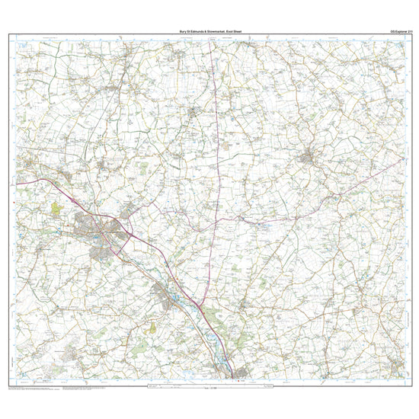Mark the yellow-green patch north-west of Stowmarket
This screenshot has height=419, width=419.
tap(57, 206)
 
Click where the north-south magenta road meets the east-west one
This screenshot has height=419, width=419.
tap(216, 221)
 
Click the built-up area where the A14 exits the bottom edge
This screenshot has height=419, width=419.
tap(236, 373)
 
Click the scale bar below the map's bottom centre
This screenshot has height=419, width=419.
tap(209, 388)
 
